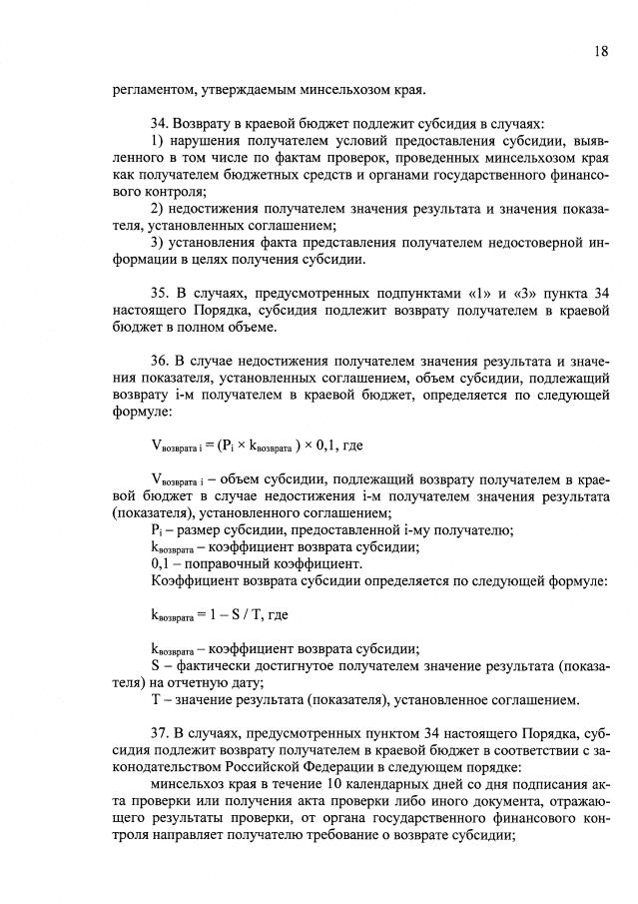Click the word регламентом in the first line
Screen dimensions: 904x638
pos(157,90)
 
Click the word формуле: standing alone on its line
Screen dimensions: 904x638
pos(145,415)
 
